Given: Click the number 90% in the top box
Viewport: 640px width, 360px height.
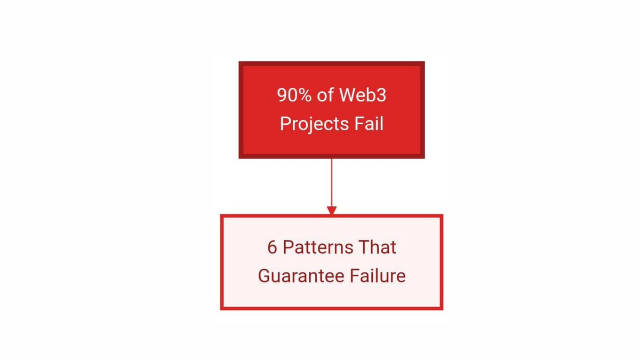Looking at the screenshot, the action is [294, 95].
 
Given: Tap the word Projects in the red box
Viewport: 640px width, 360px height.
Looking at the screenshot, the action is [314, 124].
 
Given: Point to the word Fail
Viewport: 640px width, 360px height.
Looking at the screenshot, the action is [369, 123].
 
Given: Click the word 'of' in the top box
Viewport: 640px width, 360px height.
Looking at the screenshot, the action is [325, 94].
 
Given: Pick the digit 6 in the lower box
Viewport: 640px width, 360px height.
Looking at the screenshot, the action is [272, 247].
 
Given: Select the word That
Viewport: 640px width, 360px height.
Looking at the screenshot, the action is [377, 247].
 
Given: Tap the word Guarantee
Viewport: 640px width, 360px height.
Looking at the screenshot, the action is [301, 276].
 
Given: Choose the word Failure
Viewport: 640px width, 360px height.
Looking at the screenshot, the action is [378, 276].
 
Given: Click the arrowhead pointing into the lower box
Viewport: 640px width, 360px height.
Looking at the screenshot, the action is [332, 210].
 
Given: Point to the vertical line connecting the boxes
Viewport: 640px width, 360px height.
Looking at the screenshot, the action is [332, 182].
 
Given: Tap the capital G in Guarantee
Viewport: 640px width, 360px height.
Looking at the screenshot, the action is [265, 276].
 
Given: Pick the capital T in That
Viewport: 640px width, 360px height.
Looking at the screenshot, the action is [364, 247].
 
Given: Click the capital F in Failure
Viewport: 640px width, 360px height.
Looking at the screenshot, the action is [355, 276].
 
